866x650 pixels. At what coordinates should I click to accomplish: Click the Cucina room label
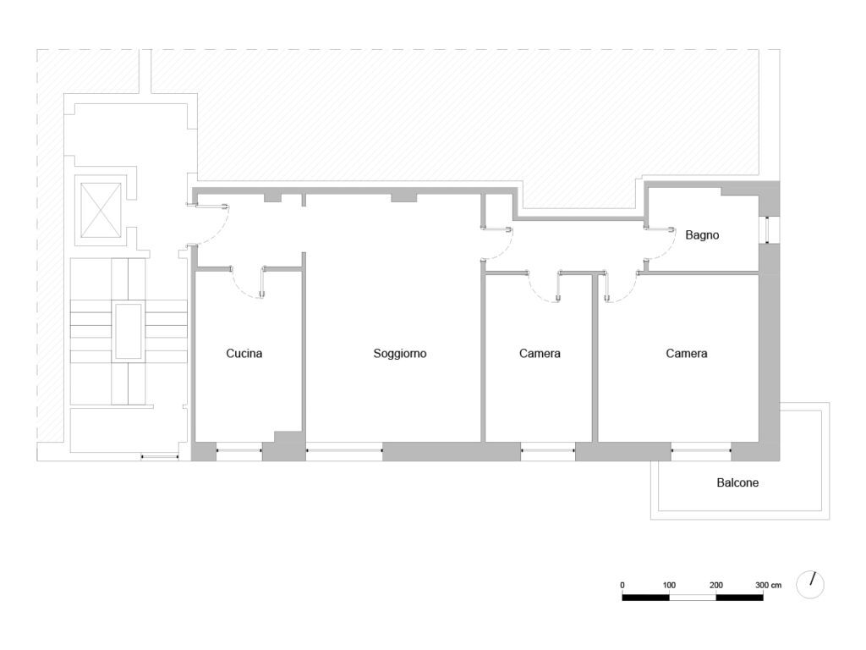pos(244,354)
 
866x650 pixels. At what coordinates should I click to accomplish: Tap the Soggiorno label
pos(400,354)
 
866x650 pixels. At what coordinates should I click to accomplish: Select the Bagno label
pos(702,235)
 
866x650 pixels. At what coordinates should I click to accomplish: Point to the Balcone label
pos(737,482)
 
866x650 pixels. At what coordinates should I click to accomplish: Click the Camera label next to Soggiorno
pos(540,354)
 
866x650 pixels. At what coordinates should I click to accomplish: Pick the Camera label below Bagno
pos(687,354)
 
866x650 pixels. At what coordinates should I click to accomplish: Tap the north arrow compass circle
pos(810,585)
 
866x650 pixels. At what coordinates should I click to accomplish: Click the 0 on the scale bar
pos(622,586)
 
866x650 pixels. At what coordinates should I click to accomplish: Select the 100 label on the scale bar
pos(669,586)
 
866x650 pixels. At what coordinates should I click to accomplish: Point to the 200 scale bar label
pos(715,586)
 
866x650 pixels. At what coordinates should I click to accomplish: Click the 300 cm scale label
pos(768,586)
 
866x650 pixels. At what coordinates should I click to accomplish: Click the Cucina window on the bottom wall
pos(239,451)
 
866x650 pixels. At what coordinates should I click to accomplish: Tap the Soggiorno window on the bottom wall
pos(344,451)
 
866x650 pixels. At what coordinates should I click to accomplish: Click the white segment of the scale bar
pos(693,598)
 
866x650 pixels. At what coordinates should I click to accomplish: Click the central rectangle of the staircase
pos(129,331)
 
